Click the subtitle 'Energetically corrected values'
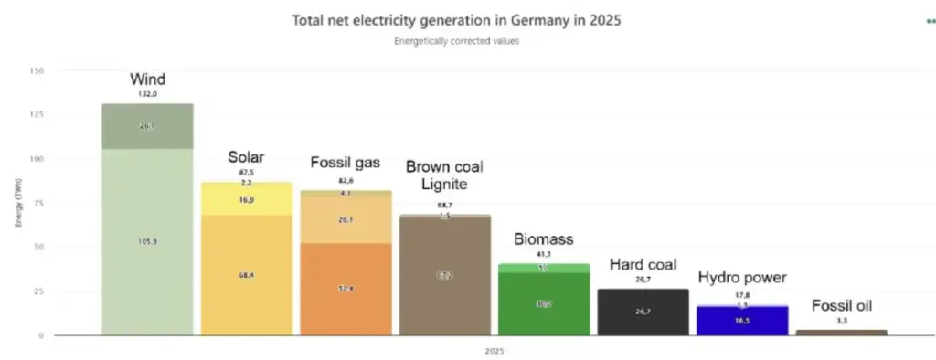(457, 41)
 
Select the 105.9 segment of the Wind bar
(147, 241)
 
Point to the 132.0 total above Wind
(146, 93)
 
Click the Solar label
(246, 157)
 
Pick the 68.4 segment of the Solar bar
(247, 274)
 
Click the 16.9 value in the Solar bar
(247, 199)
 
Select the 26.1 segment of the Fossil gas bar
(346, 220)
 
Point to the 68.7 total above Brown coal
(444, 205)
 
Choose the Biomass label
(543, 239)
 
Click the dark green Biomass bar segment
(543, 303)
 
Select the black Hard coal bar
(643, 312)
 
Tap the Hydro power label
(742, 278)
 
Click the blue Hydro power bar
(742, 320)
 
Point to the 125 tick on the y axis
(37, 115)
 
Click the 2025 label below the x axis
(494, 350)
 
